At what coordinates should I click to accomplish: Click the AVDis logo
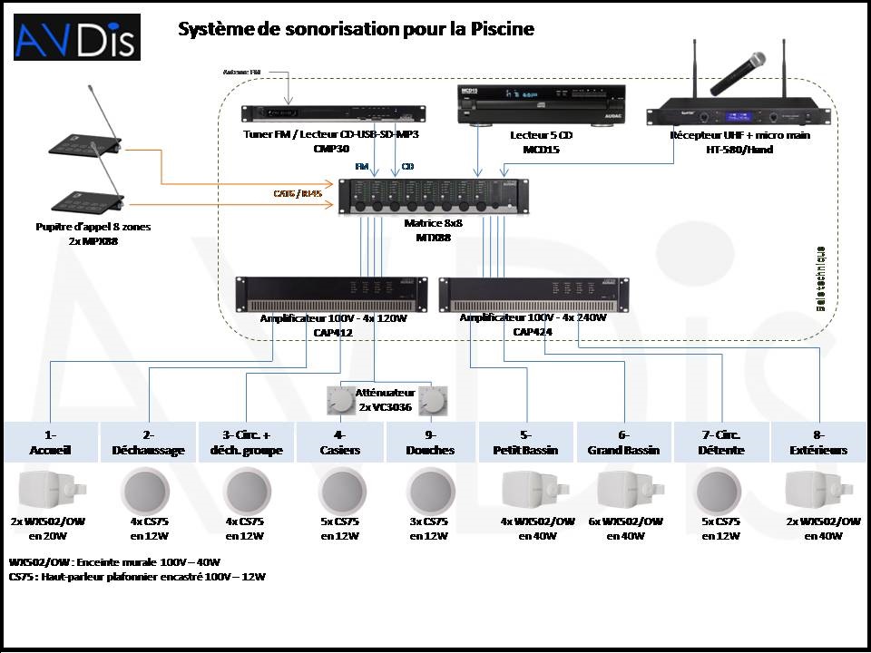click(x=76, y=37)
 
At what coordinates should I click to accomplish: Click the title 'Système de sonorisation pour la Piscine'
click(x=356, y=29)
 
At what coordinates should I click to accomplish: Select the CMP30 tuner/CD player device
click(x=330, y=114)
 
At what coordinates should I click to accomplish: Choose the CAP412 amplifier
click(x=330, y=293)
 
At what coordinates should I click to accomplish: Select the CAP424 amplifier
click(x=533, y=293)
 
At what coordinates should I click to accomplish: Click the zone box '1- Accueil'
click(x=50, y=442)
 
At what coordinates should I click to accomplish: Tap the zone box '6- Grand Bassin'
click(x=623, y=442)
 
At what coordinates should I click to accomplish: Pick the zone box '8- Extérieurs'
click(x=819, y=442)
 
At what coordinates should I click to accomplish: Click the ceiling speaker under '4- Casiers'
click(x=342, y=491)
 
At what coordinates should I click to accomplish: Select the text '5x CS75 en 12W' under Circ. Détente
click(x=721, y=528)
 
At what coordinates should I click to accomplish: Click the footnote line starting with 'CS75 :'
click(x=137, y=576)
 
